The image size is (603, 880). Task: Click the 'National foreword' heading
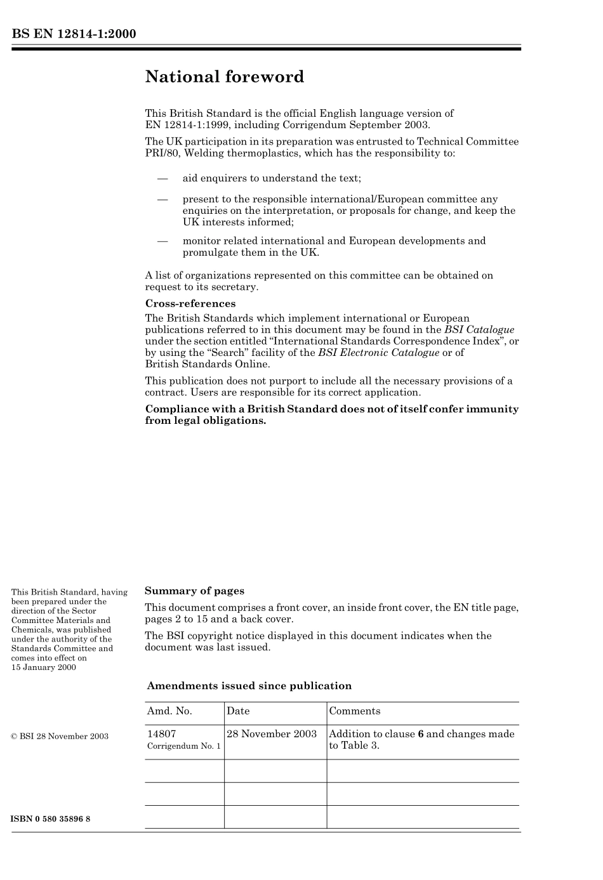click(225, 77)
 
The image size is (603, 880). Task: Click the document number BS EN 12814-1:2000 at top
click(74, 34)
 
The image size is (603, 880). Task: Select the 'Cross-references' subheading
click(190, 303)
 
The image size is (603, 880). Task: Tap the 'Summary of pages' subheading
click(194, 591)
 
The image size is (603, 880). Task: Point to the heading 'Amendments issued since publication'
click(249, 686)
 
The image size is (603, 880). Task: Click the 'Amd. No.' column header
click(169, 711)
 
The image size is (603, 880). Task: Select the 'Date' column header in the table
click(238, 711)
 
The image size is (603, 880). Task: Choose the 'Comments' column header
click(355, 711)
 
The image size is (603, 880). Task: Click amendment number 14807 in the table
click(161, 734)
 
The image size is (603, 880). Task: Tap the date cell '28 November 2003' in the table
click(272, 734)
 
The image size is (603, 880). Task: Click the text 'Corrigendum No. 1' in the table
click(184, 746)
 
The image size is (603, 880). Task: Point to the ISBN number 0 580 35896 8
click(51, 818)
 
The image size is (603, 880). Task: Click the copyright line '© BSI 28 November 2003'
click(60, 737)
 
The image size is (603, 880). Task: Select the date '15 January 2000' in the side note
click(44, 667)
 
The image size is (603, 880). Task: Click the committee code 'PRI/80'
click(162, 153)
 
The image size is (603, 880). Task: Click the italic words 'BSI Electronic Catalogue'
click(378, 353)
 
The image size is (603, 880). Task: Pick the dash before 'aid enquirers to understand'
click(162, 179)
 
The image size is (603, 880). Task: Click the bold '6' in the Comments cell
click(420, 734)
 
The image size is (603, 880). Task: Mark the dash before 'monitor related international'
click(162, 241)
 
